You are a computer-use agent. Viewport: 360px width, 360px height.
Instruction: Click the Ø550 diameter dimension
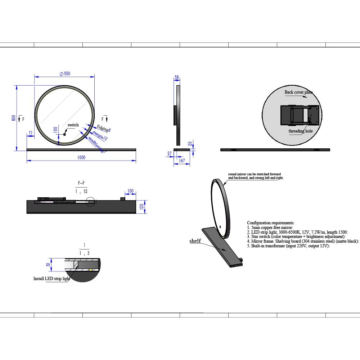click(x=65, y=73)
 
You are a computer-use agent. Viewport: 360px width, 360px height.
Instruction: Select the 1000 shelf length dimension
click(x=81, y=158)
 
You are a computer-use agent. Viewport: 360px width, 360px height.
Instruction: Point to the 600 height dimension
click(x=13, y=118)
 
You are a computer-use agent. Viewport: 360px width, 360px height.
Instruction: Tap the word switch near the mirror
click(x=73, y=125)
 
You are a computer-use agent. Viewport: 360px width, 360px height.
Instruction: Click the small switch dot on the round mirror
click(x=65, y=135)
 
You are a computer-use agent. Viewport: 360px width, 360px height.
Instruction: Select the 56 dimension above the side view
click(x=177, y=77)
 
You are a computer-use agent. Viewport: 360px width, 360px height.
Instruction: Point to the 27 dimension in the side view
click(x=170, y=154)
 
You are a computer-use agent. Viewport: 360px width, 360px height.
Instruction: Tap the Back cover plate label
click(x=298, y=92)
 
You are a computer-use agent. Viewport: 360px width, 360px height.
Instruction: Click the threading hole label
click(x=301, y=131)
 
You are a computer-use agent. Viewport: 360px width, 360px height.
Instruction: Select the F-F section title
click(x=81, y=184)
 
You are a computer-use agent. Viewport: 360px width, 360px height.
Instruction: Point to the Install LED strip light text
click(x=52, y=279)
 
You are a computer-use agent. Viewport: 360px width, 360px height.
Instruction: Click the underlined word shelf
click(x=195, y=241)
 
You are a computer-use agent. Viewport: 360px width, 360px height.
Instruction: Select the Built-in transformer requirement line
click(x=288, y=246)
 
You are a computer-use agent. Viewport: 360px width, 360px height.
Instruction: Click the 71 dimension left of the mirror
click(x=31, y=133)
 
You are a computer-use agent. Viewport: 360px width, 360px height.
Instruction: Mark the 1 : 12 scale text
click(x=82, y=192)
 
